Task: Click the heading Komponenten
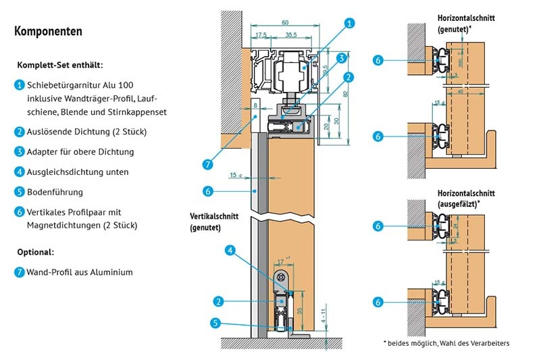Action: pos(48,31)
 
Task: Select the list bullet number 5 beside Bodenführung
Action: pos(19,192)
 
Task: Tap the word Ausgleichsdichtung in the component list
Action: pos(65,172)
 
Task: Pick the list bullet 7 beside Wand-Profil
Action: pos(19,272)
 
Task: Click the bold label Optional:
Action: pos(35,252)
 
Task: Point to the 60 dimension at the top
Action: pos(284,22)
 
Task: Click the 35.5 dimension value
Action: pos(291,34)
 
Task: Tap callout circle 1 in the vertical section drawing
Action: pos(349,24)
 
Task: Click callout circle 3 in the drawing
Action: pos(342,57)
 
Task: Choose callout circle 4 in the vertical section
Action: pos(230,251)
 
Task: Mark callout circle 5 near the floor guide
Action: pos(215,323)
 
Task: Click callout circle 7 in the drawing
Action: pos(207,163)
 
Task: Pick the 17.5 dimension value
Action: pos(259,34)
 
